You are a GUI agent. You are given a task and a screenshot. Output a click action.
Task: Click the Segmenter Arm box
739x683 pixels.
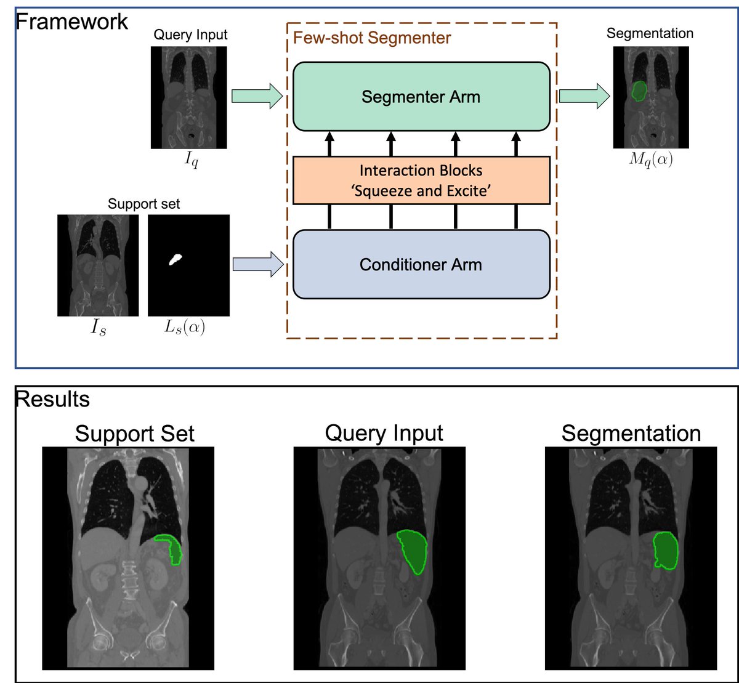click(x=421, y=97)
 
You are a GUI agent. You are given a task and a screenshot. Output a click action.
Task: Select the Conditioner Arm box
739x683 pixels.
click(x=421, y=264)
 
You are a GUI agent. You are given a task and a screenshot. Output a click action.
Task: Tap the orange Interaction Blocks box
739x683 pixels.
click(x=421, y=180)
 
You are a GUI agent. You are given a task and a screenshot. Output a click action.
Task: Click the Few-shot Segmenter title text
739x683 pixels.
click(x=372, y=38)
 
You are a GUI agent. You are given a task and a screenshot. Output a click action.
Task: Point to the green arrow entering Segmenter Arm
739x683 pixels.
click(x=257, y=96)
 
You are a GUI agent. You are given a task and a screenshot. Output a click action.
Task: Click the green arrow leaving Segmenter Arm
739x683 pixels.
click(x=584, y=96)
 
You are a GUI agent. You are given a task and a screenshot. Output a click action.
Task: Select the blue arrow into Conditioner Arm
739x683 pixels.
click(x=258, y=264)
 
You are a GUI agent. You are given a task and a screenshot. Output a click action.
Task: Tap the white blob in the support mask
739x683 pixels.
click(x=176, y=259)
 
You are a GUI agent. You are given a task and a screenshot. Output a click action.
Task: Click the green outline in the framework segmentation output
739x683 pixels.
click(x=639, y=91)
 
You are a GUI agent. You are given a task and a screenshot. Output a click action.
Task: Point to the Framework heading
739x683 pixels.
click(x=72, y=21)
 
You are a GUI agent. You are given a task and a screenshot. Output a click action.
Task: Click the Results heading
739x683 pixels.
click(x=52, y=399)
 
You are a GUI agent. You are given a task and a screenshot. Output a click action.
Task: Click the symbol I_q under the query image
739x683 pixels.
click(x=192, y=160)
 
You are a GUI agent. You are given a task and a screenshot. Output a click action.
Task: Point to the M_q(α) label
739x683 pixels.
click(x=651, y=159)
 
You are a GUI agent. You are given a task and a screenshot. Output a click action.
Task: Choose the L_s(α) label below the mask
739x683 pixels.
click(x=185, y=327)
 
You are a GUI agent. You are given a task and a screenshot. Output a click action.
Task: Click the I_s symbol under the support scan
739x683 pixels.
click(x=99, y=328)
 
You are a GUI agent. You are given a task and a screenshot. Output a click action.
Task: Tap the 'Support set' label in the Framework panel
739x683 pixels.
click(x=143, y=204)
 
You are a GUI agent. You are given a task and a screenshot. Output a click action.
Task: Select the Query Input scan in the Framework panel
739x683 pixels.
click(x=188, y=97)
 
